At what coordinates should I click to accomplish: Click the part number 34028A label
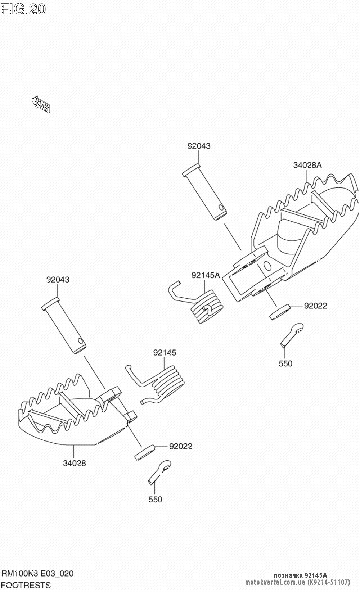click(307, 165)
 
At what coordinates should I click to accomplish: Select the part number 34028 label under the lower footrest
click(75, 463)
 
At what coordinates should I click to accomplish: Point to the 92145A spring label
click(205, 275)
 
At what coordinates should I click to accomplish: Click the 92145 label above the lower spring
click(165, 353)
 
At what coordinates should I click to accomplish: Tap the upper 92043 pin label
click(199, 146)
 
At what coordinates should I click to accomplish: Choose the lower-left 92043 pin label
click(58, 280)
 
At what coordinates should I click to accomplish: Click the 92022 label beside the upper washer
click(315, 306)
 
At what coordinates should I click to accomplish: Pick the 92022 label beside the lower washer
click(180, 446)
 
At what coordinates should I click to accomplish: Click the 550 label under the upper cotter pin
click(285, 363)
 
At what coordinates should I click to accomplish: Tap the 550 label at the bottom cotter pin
click(155, 499)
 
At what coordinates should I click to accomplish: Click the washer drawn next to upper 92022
click(280, 311)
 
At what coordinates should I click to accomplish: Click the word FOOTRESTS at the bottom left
click(26, 585)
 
